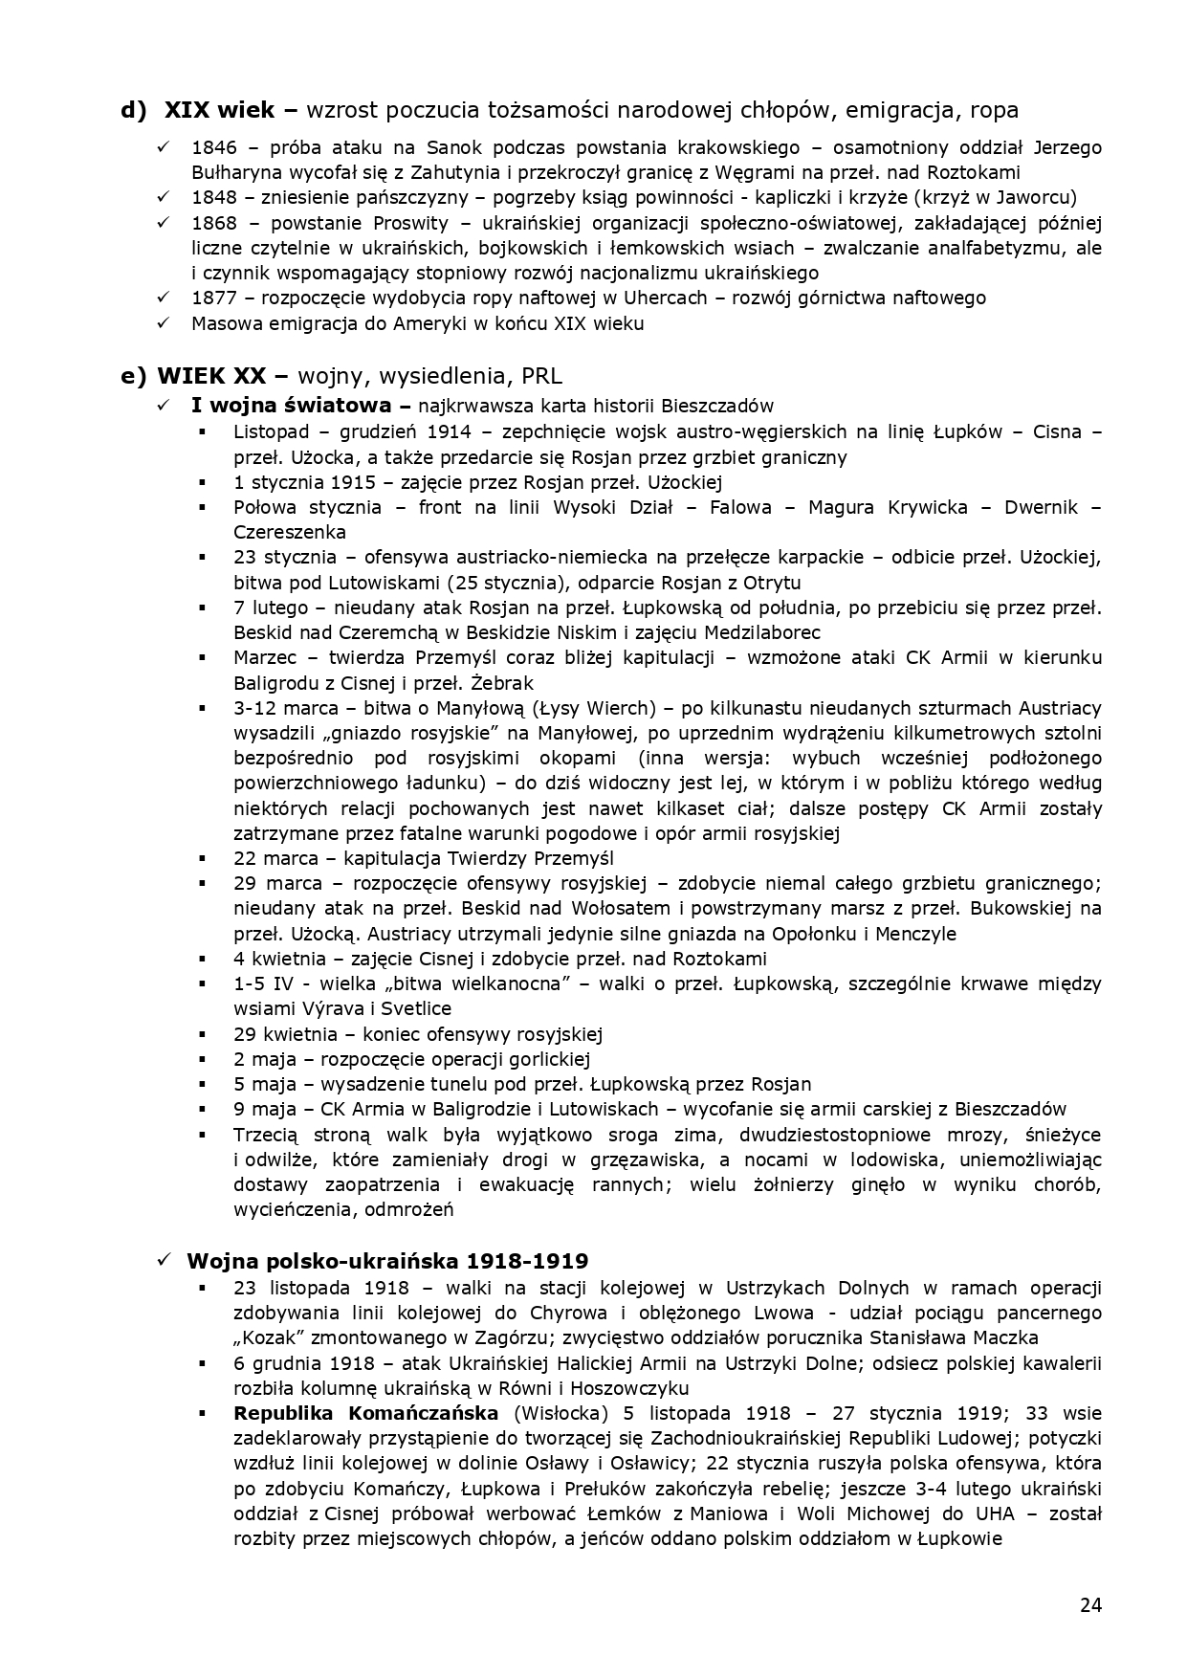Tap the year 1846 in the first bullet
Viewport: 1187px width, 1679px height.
coord(212,148)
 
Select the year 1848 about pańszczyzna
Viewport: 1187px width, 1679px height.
coord(212,198)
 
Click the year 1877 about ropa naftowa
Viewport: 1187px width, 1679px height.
coord(212,298)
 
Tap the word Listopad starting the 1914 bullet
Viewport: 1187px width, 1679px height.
coord(265,431)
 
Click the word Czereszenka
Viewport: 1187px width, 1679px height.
coord(290,532)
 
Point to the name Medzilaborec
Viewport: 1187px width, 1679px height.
coord(762,632)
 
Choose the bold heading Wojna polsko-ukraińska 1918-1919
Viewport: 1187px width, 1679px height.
coord(387,1261)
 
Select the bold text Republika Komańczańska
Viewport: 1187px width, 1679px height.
coord(366,1413)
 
